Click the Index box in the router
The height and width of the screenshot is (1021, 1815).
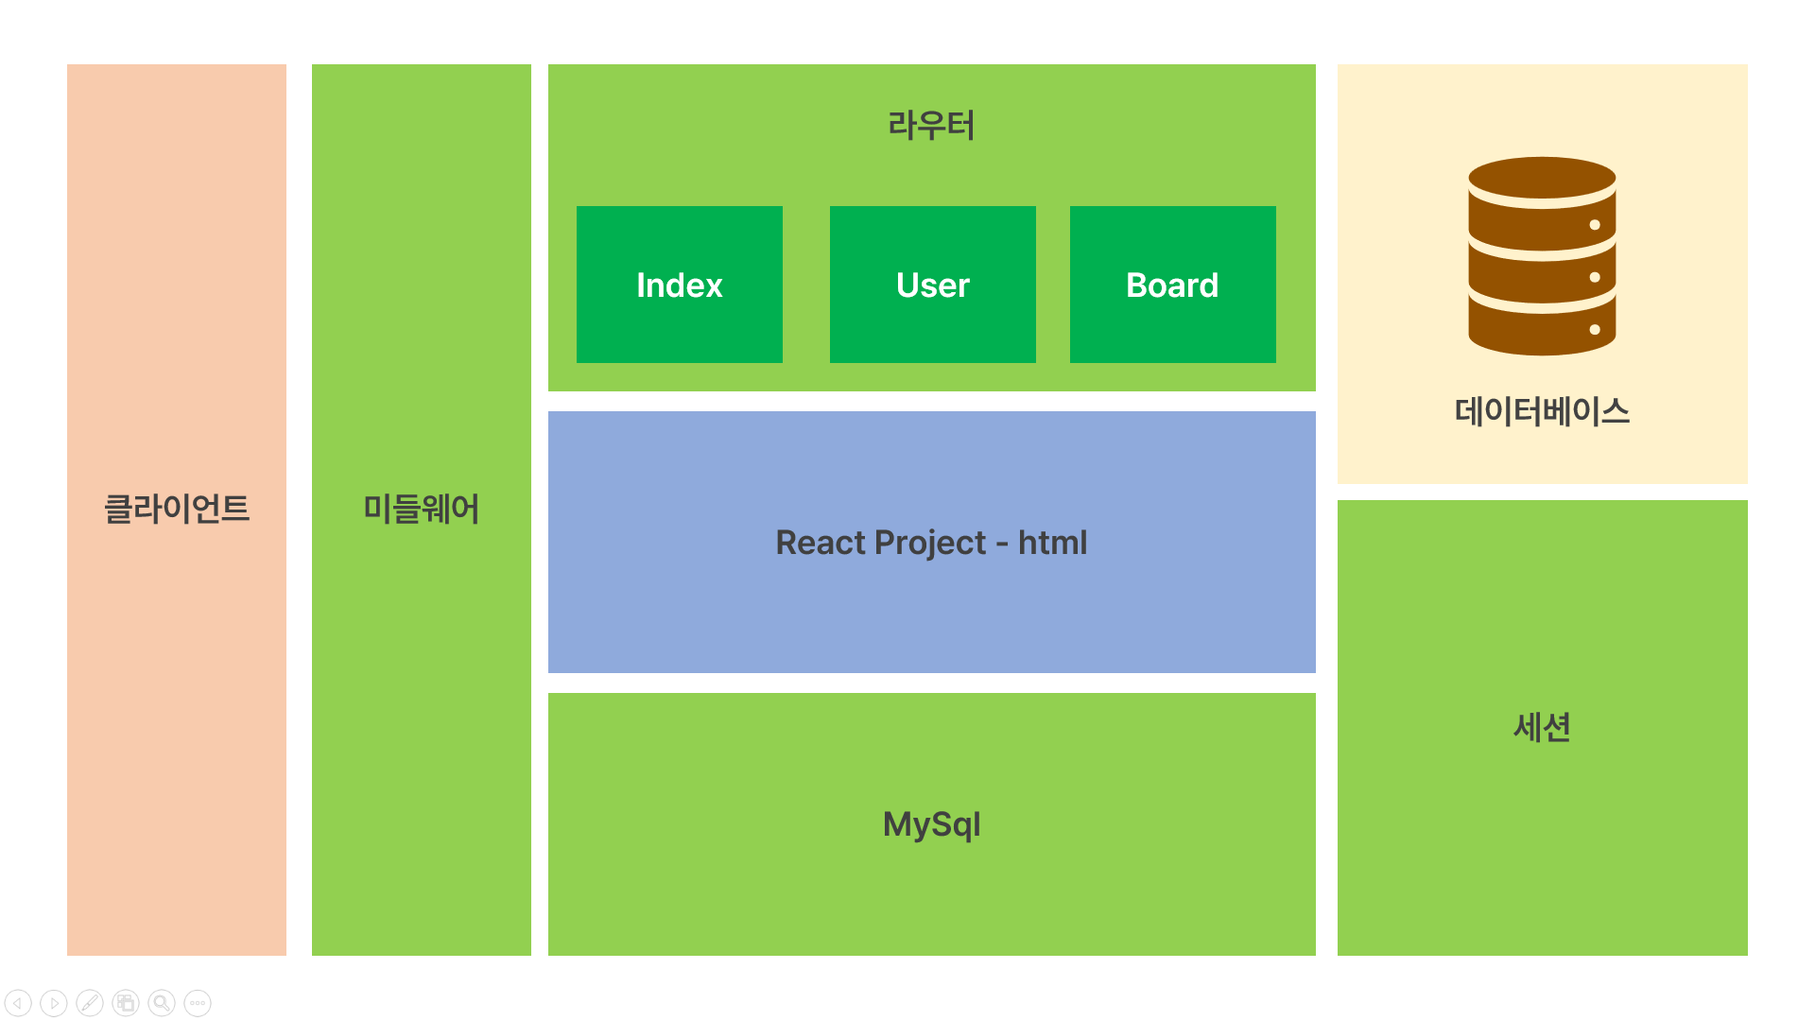tap(679, 285)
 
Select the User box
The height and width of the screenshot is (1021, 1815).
tap(932, 285)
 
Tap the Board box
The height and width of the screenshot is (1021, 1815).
tap(1172, 285)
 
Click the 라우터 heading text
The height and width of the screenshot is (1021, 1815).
tap(931, 125)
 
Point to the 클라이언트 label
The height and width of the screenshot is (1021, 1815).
tap(177, 509)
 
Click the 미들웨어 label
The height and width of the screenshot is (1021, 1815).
tap(422, 509)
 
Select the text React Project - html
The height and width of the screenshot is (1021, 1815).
tap(931, 543)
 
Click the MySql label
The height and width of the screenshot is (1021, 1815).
tap(931, 824)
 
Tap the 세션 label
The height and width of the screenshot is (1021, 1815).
tap(1542, 727)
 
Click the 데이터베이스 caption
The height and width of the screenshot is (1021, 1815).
tap(1542, 411)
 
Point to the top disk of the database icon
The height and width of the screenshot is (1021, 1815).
tap(1541, 177)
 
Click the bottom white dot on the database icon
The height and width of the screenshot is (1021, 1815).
tap(1595, 330)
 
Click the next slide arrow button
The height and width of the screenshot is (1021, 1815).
tap(54, 1003)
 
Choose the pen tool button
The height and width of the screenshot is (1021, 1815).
tap(90, 1003)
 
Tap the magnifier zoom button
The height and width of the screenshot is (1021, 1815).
tap(162, 1003)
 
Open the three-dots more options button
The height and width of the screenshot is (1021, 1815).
tap(198, 1003)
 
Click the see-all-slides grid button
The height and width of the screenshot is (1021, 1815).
tap(126, 1003)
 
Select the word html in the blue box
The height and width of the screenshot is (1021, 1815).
tap(1052, 543)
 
